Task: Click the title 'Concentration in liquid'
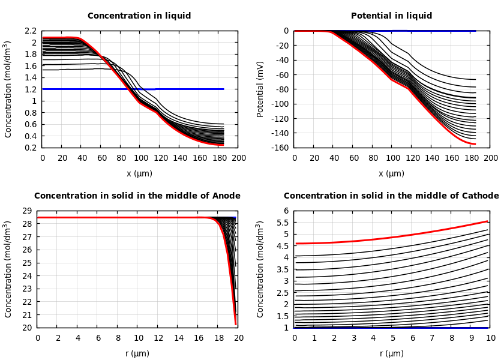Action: tap(139, 16)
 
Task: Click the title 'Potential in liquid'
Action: tap(391, 16)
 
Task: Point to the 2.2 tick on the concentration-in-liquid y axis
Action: tap(31, 31)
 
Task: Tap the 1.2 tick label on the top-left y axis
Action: tap(31, 89)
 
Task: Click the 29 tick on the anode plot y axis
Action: tap(26, 211)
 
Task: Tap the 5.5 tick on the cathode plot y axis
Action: tap(283, 223)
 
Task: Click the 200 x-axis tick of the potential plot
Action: tap(491, 158)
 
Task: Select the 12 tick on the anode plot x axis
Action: tap(158, 338)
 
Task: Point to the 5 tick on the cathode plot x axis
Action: tap(392, 338)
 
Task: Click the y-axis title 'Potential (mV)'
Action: tap(260, 89)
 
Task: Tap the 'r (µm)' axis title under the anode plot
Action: tap(137, 353)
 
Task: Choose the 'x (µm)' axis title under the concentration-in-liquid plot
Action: tap(139, 173)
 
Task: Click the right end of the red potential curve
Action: tap(475, 144)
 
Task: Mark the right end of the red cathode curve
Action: tap(487, 221)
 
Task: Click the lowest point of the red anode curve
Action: tap(236, 324)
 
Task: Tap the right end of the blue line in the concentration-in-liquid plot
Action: tap(223, 89)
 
